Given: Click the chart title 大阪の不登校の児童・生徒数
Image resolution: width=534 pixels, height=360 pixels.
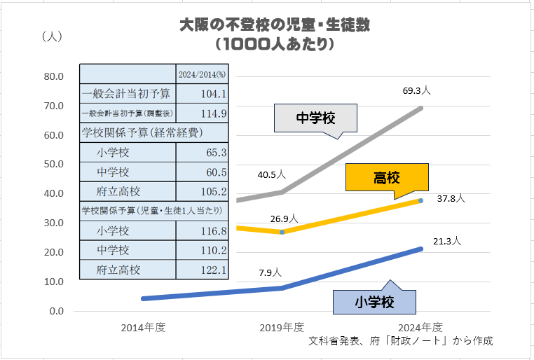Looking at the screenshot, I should [274, 25].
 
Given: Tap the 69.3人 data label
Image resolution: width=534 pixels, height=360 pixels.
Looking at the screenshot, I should [416, 91].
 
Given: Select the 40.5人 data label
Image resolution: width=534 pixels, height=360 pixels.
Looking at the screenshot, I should [271, 173].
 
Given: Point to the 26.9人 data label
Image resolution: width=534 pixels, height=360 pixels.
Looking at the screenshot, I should [284, 219].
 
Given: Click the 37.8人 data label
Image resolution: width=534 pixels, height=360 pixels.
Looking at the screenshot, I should [451, 198].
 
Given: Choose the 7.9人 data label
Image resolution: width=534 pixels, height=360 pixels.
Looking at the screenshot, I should [270, 272].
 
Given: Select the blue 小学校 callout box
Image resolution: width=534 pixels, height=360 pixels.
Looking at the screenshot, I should [374, 302].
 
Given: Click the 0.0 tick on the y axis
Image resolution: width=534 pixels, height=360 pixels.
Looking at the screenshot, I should [57, 311].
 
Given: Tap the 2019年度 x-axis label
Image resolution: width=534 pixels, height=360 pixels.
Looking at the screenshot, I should [282, 327].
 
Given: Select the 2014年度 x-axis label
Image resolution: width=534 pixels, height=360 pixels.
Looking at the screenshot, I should [143, 327].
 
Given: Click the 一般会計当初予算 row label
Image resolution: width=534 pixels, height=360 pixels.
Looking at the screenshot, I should [125, 93].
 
